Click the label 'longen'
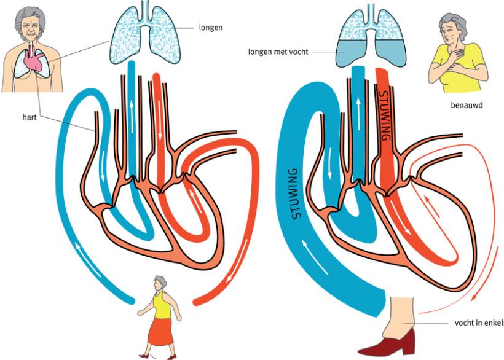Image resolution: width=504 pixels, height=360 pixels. [211, 27]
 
